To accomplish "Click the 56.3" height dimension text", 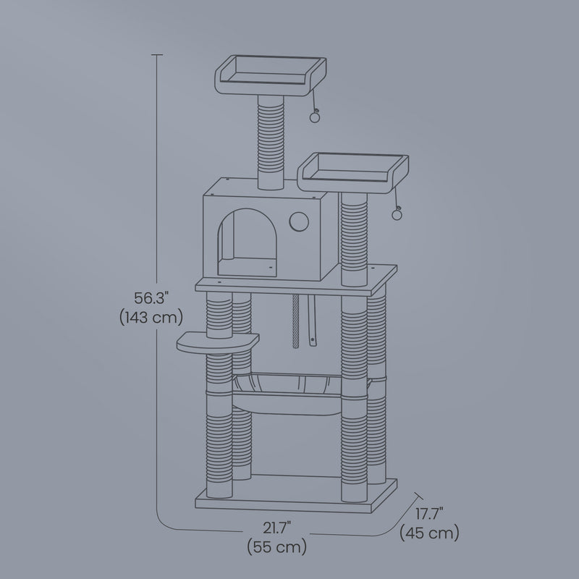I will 151,297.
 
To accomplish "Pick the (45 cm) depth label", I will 429,533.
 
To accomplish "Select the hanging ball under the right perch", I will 397,213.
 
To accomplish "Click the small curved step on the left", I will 216,342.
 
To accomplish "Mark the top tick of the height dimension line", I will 158,54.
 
